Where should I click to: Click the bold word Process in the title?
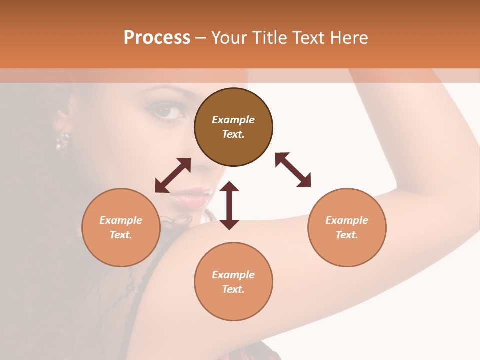point(157,38)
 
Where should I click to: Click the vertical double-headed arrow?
point(229,205)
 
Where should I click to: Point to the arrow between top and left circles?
point(173,175)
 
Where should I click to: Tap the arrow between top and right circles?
point(293,170)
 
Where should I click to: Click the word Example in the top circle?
point(233,120)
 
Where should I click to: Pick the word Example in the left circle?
point(121,220)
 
